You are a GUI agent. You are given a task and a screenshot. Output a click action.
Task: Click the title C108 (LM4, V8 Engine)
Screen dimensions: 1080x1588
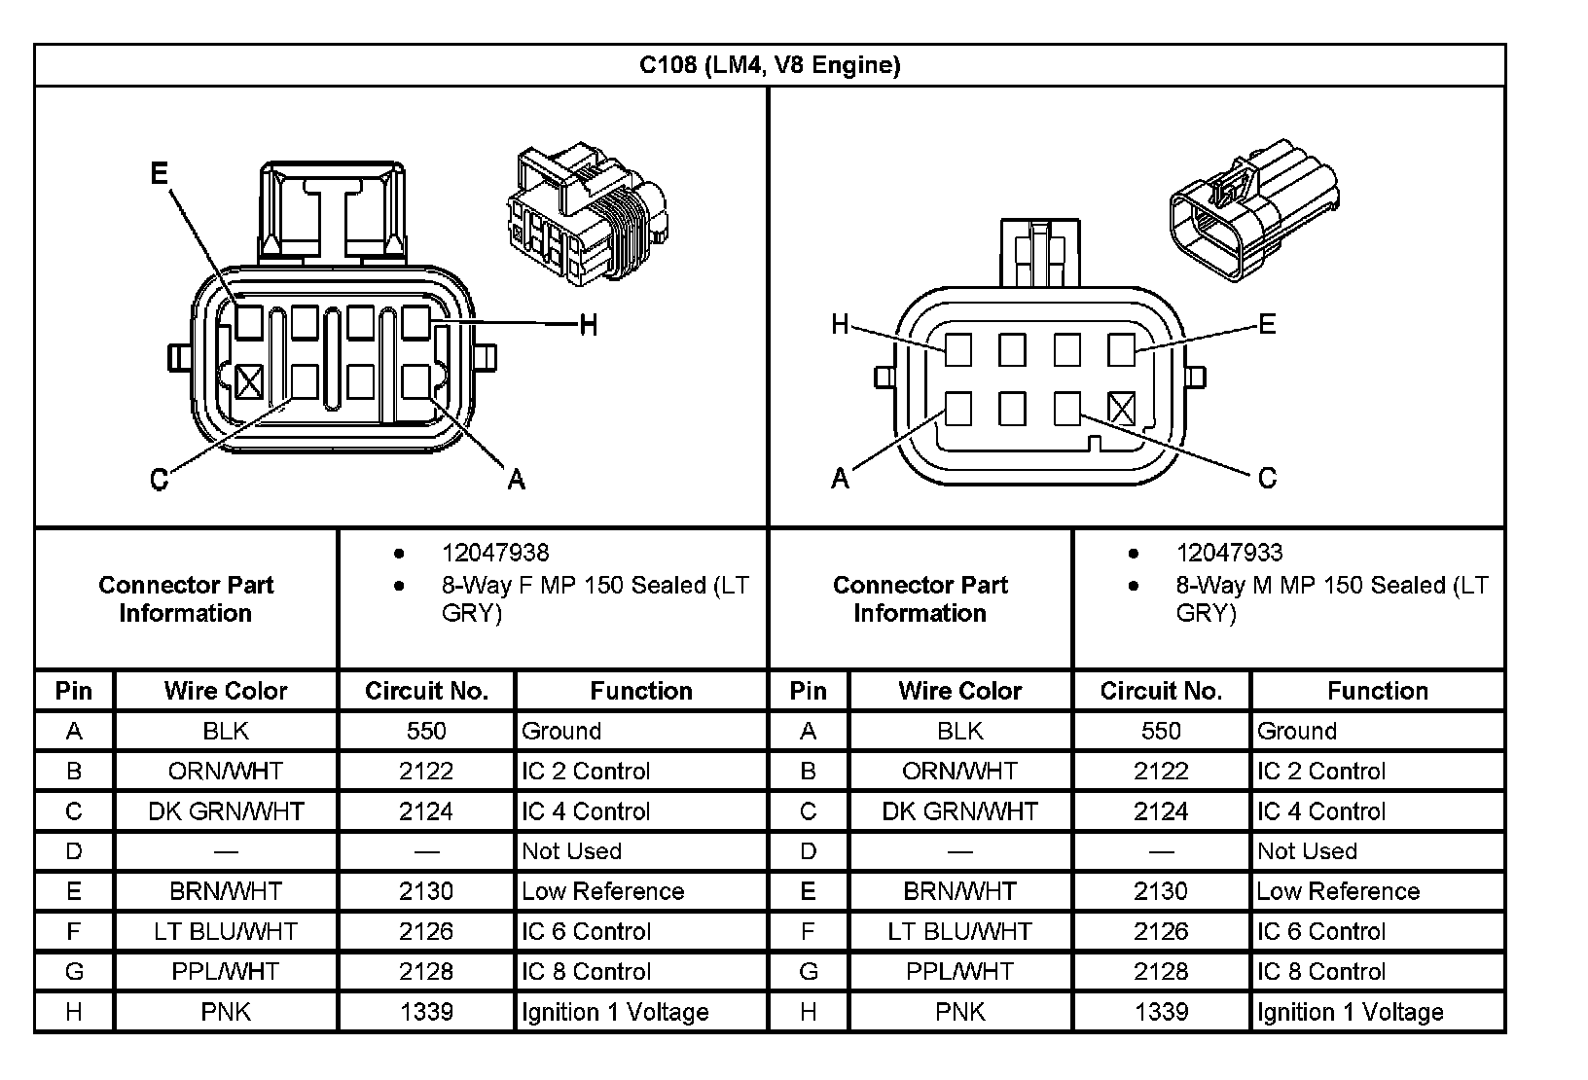point(769,65)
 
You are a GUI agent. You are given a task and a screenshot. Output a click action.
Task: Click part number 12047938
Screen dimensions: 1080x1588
point(494,553)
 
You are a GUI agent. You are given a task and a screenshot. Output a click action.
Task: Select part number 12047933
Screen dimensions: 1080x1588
point(1229,553)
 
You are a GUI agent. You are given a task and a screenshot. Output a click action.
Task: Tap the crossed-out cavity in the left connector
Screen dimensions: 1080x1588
point(249,381)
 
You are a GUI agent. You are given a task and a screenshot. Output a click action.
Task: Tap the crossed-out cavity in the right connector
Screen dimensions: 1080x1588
point(1121,409)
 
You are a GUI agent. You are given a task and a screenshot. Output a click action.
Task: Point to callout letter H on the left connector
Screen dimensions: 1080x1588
point(588,324)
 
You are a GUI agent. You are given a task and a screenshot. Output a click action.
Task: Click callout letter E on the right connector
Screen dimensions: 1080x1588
point(1266,324)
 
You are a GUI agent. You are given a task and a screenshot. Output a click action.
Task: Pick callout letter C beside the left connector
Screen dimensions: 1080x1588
point(160,479)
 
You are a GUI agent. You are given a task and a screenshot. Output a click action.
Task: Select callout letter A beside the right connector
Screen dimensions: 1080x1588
point(840,478)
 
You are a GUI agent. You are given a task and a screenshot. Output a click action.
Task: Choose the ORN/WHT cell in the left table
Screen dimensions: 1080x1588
point(226,772)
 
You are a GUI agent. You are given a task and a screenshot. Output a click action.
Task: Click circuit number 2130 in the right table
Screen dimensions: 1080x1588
point(1161,891)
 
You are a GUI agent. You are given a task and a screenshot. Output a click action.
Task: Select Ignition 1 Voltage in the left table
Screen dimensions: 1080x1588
point(614,1012)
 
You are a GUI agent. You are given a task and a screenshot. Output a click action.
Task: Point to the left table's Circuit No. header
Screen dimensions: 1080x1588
point(426,691)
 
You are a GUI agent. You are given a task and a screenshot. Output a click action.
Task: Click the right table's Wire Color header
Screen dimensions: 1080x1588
point(959,691)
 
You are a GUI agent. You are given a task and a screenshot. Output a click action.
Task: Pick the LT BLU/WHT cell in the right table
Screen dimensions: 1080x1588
point(959,931)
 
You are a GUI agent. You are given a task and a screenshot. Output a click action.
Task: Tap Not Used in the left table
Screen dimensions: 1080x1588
point(571,851)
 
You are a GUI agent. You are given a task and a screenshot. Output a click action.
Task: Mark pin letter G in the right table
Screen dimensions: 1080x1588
point(808,971)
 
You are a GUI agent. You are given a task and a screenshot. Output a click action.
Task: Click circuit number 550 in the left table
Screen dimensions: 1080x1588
point(426,731)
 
